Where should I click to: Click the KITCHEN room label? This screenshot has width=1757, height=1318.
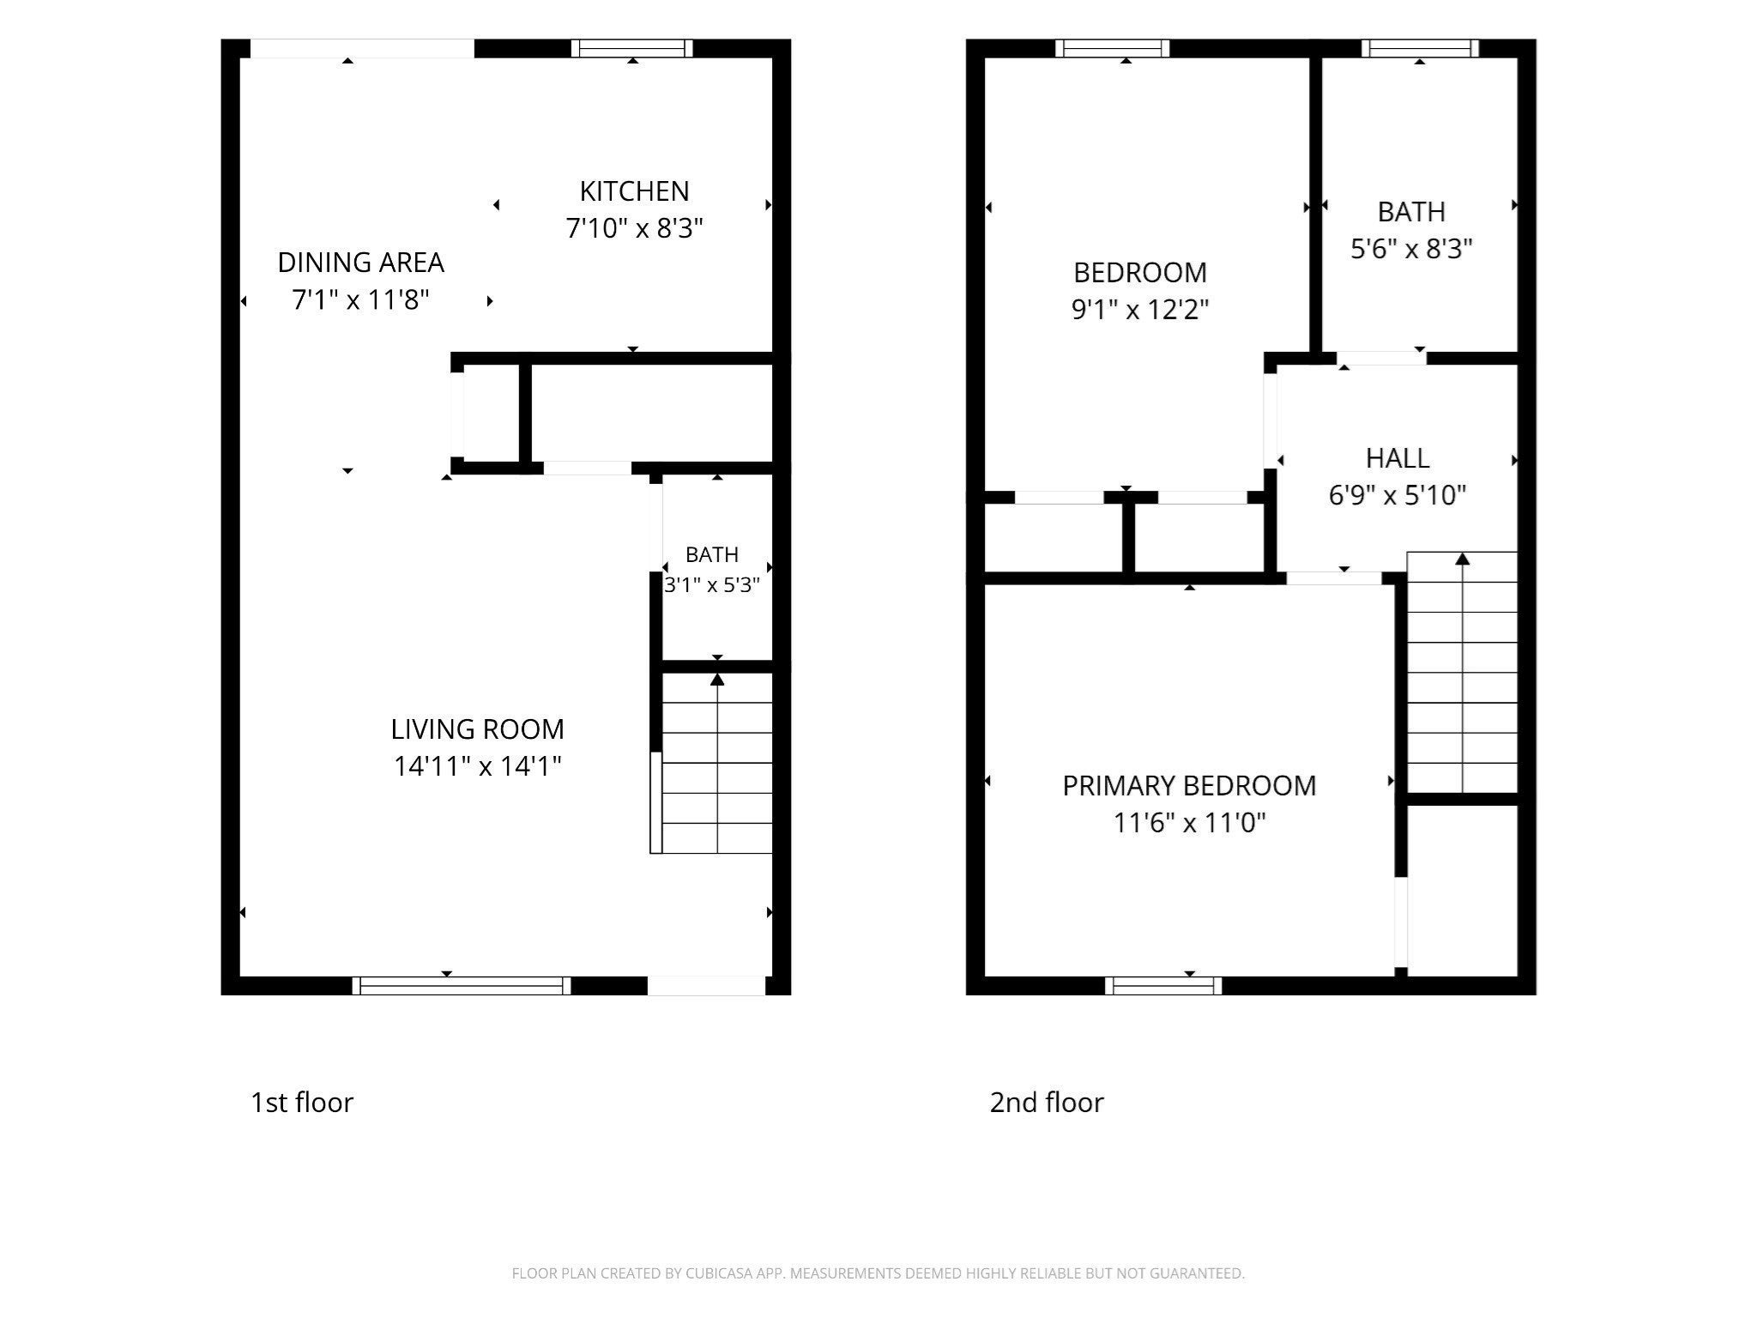coord(634,190)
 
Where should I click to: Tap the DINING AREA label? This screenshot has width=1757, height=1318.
coord(360,262)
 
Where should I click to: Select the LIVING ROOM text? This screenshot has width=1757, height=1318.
coord(477,729)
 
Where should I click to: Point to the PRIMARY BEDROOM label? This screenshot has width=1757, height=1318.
coord(1189,785)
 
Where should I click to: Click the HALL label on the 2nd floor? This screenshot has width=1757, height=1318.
coord(1398,458)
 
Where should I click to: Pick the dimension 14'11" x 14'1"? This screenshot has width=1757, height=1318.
coord(477,765)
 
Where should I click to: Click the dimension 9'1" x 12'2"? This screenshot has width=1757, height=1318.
coord(1140,309)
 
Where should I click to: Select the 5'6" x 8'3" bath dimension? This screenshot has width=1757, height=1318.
coord(1411,249)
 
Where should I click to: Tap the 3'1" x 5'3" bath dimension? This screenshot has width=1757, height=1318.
coord(712,585)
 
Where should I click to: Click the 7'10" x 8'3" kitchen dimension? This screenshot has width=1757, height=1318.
coord(634,228)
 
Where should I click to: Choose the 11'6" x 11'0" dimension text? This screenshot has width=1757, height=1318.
coord(1189,823)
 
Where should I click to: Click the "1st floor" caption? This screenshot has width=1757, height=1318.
coord(301,1102)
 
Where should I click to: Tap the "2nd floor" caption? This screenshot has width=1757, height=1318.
coord(1047,1102)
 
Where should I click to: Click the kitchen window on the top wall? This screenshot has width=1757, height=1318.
coord(632,48)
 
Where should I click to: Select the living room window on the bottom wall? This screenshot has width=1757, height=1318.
coord(462,986)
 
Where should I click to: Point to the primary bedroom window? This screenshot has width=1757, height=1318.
coord(1163,986)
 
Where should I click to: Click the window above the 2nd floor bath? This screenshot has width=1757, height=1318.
coord(1420,48)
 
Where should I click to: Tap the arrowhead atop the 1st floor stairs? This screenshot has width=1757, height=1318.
coord(717,680)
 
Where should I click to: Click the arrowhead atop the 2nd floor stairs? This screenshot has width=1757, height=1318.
coord(1463,559)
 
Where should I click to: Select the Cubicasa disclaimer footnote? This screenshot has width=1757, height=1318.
coord(878,1273)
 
